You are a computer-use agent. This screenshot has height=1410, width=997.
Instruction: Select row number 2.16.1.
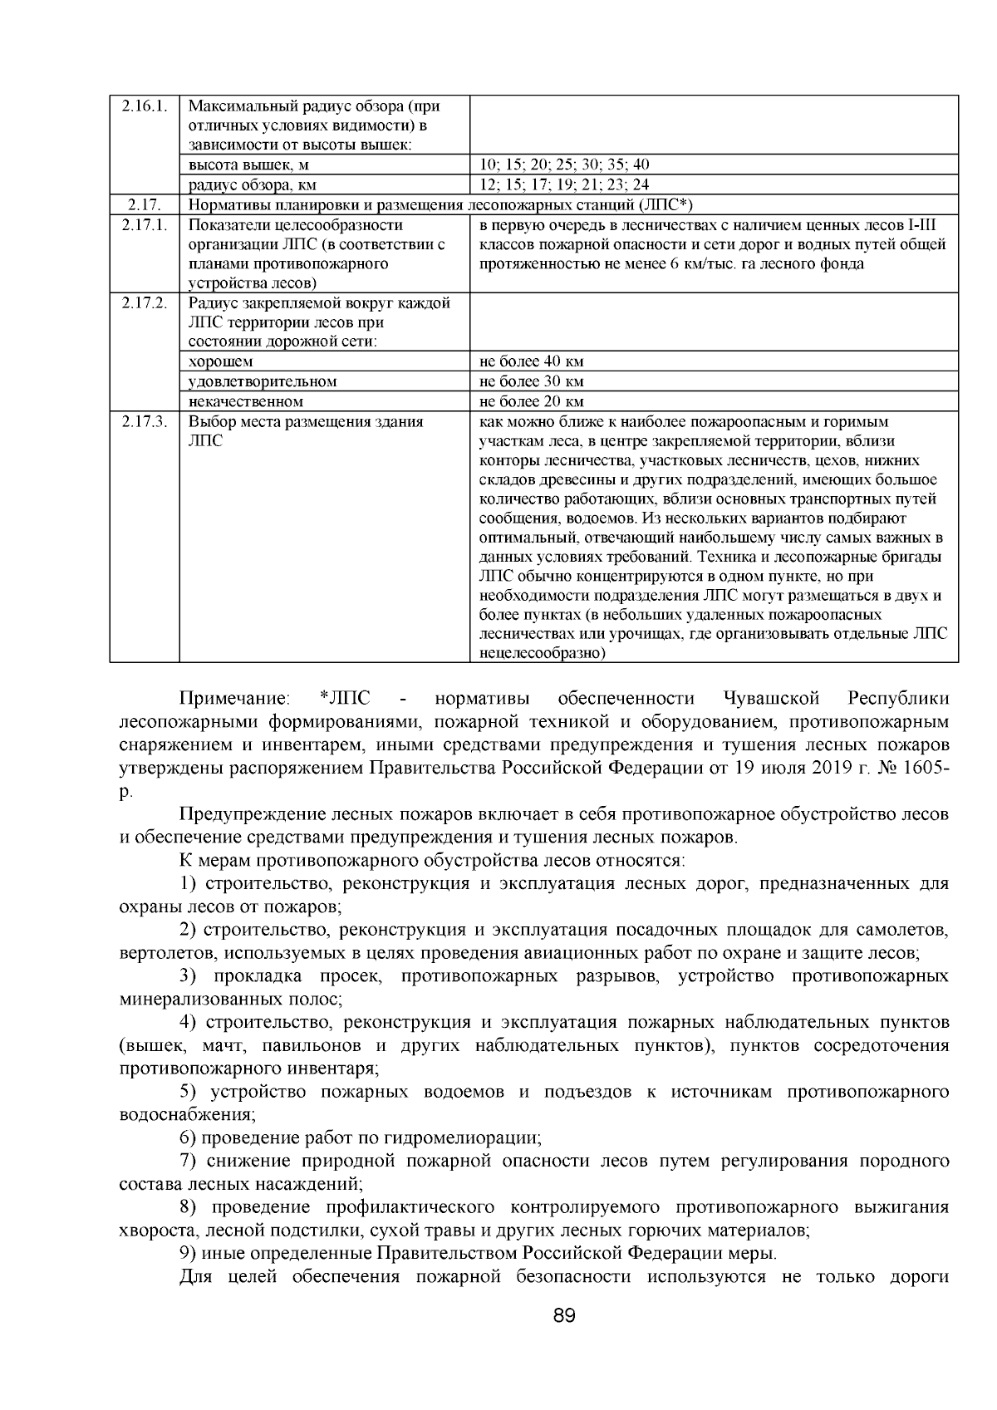tap(144, 106)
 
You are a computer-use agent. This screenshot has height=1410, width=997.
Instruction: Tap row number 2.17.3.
tap(144, 422)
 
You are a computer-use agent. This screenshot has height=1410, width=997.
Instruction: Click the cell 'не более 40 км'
tap(532, 361)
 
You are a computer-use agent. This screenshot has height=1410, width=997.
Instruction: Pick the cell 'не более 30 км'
tap(532, 381)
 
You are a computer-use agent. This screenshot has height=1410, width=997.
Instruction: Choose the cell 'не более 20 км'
tap(532, 402)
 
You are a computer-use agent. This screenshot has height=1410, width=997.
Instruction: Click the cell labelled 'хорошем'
tap(221, 361)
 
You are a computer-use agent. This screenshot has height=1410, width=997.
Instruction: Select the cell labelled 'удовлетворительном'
tap(263, 381)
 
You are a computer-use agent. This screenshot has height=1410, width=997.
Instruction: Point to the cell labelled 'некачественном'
tap(246, 402)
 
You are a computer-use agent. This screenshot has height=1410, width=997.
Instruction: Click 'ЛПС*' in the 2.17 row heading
tap(666, 205)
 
